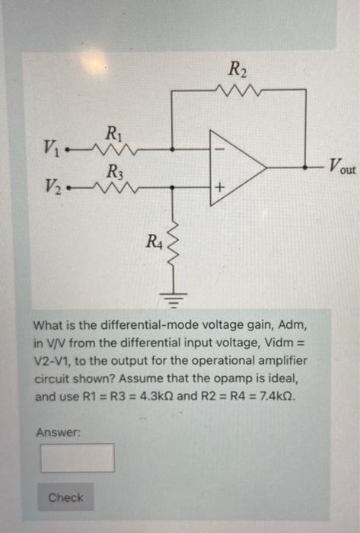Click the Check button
coord(65,497)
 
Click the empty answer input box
coord(78,458)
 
